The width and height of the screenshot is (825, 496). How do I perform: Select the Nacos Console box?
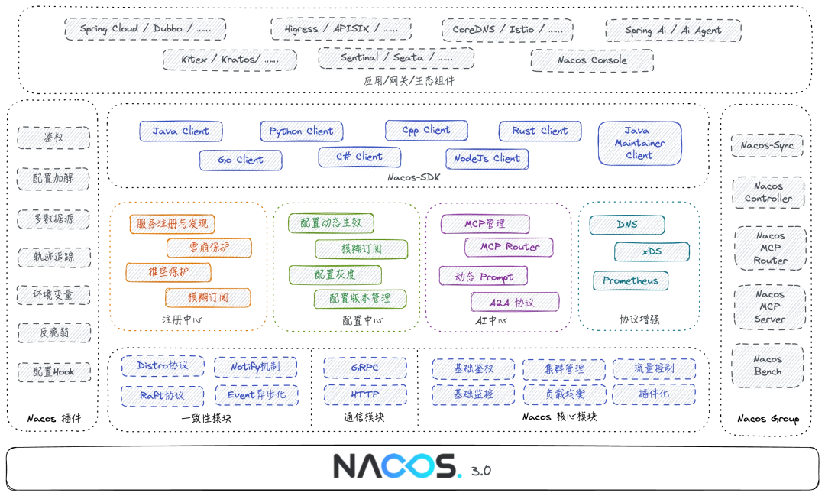[592, 60]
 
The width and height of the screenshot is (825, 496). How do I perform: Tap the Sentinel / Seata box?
[396, 58]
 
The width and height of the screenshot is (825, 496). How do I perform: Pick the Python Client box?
[301, 131]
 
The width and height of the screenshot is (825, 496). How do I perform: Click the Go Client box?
[241, 160]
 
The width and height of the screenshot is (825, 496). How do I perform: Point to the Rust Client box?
[539, 131]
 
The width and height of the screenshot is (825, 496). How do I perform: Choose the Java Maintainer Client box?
[639, 143]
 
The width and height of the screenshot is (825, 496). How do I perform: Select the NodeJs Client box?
[486, 159]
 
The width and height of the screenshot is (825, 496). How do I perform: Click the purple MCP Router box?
[510, 248]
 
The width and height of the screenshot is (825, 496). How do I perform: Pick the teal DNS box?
[626, 225]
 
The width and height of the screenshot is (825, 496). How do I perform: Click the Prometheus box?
[631, 280]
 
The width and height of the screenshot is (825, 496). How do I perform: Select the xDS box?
[651, 252]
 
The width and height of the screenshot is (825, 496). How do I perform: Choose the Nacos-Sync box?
[767, 145]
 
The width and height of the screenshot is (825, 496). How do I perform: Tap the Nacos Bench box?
[768, 365]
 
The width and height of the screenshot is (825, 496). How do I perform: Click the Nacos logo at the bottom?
[396, 467]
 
